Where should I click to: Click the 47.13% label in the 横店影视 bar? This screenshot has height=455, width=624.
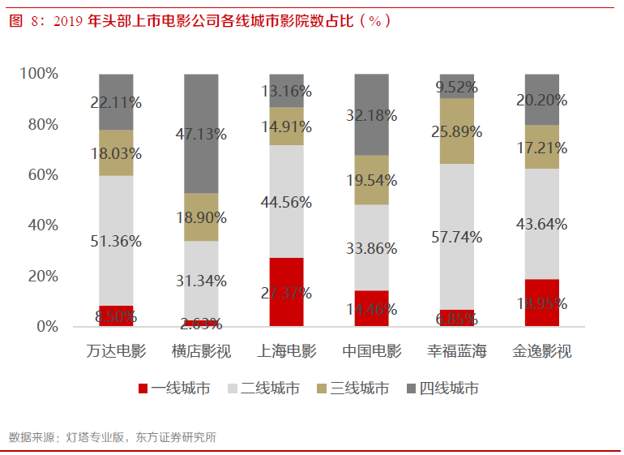coord(201,135)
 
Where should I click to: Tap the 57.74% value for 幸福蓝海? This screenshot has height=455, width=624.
coord(456,238)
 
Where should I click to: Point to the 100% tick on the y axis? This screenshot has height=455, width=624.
coord(39,74)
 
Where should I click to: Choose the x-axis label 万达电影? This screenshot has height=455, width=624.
coord(116,352)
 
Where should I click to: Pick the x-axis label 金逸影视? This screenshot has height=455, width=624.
coord(542,352)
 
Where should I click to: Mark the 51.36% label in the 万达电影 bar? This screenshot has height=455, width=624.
coord(116,241)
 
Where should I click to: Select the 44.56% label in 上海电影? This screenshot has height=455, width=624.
coord(286,203)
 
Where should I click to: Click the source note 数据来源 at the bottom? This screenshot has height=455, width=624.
coord(113,437)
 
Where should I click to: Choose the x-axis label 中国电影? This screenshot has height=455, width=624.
coord(371,352)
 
